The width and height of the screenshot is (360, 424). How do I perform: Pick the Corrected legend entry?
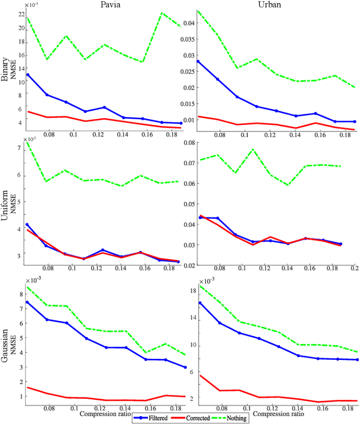pyautogui.click(x=194, y=418)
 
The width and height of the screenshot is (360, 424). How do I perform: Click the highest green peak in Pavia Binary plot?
pyautogui.click(x=161, y=12)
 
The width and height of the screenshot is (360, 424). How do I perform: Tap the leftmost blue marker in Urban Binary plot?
pyautogui.click(x=198, y=61)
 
